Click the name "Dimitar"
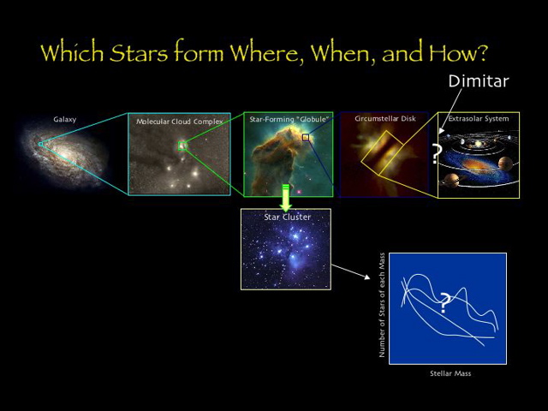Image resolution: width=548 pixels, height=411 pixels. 479,81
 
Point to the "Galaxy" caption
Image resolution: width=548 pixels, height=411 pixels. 64,120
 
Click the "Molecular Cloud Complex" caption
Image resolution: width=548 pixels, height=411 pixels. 179,122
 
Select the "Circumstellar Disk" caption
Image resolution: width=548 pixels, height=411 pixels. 384,119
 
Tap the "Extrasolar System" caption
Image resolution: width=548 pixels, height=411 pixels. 479,119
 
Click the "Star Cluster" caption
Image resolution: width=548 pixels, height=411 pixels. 287,217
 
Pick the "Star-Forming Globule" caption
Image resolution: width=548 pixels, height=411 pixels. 289,119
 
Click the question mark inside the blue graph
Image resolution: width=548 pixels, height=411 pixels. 444,302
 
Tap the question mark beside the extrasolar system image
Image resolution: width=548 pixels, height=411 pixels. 437,155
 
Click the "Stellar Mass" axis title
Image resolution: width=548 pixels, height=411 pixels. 450,373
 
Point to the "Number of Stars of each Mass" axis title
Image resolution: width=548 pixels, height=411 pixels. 382,304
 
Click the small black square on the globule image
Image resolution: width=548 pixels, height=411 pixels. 305,137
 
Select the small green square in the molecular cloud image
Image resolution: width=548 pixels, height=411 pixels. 182,146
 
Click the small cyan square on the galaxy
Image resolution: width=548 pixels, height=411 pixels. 40,144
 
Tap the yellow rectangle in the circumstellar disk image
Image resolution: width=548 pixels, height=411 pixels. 381,154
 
